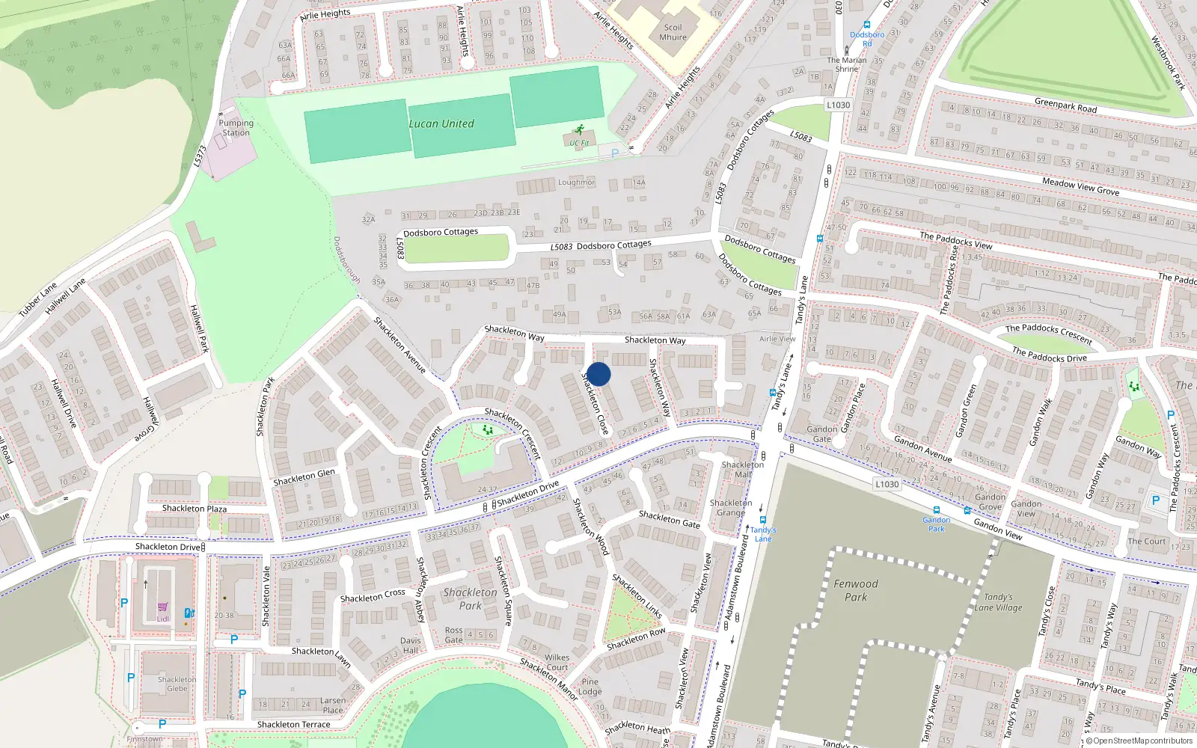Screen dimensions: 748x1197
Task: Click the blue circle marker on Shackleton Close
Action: (x=598, y=374)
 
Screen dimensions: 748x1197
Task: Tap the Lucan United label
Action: (x=441, y=124)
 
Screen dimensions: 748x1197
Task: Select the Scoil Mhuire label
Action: (x=673, y=32)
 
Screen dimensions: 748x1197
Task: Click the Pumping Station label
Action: (x=236, y=128)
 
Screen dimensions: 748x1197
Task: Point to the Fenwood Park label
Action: (x=856, y=590)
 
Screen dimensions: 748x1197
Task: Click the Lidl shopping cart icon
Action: (x=162, y=608)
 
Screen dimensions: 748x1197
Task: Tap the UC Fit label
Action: (x=579, y=143)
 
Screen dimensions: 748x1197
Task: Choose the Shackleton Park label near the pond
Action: (x=470, y=599)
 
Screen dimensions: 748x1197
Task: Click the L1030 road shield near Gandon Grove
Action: (x=887, y=484)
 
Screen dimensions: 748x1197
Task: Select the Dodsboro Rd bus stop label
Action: (x=867, y=39)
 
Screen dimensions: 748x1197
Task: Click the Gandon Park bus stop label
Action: (x=936, y=524)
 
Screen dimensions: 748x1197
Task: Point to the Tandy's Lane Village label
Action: (x=998, y=602)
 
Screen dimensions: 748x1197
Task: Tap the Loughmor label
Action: (x=576, y=183)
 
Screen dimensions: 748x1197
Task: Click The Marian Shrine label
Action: (x=847, y=64)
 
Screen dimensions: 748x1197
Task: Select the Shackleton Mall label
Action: (x=743, y=469)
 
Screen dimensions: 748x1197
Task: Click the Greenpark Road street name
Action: (x=1065, y=105)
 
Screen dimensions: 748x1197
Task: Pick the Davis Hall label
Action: (x=411, y=646)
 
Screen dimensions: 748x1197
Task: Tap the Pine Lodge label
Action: (x=590, y=687)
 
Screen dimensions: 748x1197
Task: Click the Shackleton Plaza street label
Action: (x=195, y=509)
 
